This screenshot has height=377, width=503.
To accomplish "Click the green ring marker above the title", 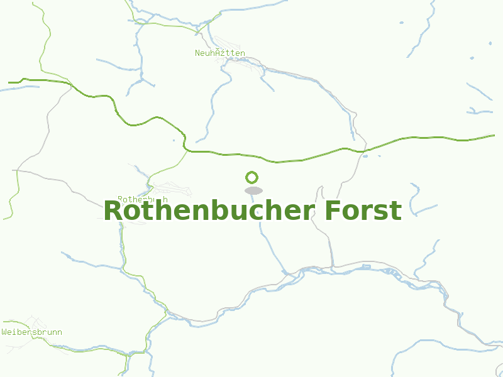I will (x=252, y=177).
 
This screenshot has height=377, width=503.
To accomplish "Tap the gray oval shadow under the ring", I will (x=253, y=190).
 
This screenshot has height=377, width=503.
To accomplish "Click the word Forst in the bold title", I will (x=363, y=210).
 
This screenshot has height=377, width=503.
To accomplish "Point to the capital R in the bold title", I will (x=114, y=211).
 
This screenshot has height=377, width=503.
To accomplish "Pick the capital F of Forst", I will (x=333, y=211).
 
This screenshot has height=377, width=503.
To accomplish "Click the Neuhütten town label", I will (x=220, y=53).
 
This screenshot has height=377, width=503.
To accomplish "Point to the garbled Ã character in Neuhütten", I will (x=218, y=53).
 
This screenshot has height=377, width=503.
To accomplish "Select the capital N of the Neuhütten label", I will (x=197, y=53).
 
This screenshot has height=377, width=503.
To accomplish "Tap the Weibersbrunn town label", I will (x=31, y=332).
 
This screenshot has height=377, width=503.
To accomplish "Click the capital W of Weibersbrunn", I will (x=4, y=332).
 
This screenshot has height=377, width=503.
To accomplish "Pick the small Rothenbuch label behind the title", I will (x=143, y=199).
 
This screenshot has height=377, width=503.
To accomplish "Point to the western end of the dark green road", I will (x=10, y=82).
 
